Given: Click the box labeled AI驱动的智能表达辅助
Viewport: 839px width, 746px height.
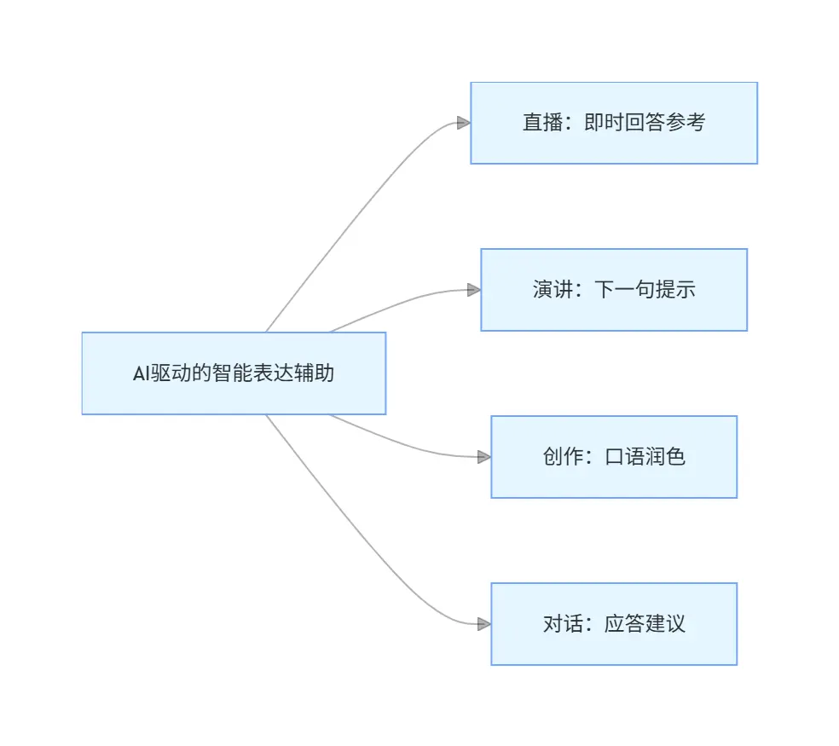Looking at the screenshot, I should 234,373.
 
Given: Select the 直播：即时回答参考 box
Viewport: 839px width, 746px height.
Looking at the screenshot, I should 614,123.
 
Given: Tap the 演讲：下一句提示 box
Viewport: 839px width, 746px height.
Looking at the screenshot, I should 614,290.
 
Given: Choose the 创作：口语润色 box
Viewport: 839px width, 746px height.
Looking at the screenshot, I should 614,457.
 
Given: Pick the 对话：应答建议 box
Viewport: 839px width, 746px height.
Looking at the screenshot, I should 614,624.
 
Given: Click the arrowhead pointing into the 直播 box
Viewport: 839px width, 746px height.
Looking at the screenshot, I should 463,123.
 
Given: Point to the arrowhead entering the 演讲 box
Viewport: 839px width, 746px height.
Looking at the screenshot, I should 473,290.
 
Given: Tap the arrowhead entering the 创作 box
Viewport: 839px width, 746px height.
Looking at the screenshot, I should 483,457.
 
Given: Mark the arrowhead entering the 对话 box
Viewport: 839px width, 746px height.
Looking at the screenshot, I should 483,624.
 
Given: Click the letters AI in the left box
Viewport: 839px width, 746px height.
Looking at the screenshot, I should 142,373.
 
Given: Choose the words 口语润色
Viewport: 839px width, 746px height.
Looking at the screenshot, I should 645,457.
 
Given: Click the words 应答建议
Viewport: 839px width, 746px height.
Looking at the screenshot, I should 645,624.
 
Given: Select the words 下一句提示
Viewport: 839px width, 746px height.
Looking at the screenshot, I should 645,290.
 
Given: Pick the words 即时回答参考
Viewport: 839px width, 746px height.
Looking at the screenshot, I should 645,123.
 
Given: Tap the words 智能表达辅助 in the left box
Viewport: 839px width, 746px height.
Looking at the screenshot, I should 273,373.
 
